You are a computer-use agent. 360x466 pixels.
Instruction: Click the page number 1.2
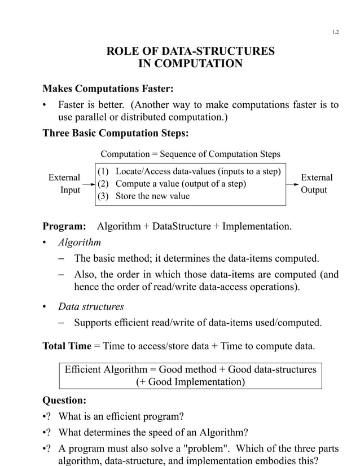[x=335, y=32]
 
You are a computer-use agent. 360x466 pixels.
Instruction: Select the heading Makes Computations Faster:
[x=108, y=89]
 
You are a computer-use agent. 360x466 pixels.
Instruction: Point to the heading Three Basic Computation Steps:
[x=116, y=134]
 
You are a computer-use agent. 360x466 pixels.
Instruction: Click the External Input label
[x=64, y=184]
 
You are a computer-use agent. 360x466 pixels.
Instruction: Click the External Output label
[x=317, y=183]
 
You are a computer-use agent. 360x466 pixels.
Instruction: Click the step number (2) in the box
[x=104, y=184]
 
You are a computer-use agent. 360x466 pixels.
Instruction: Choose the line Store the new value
[x=152, y=196]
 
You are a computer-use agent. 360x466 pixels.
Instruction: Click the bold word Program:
[x=64, y=227]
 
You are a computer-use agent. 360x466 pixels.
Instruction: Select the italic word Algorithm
[x=80, y=243]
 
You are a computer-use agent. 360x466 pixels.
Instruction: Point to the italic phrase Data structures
[x=91, y=307]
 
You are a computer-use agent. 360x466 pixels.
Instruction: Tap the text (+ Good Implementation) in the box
[x=190, y=382]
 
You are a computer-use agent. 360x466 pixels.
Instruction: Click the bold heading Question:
[x=65, y=401]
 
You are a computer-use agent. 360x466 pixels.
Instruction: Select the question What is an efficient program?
[x=121, y=417]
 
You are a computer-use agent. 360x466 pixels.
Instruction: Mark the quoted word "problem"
[x=187, y=449]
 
